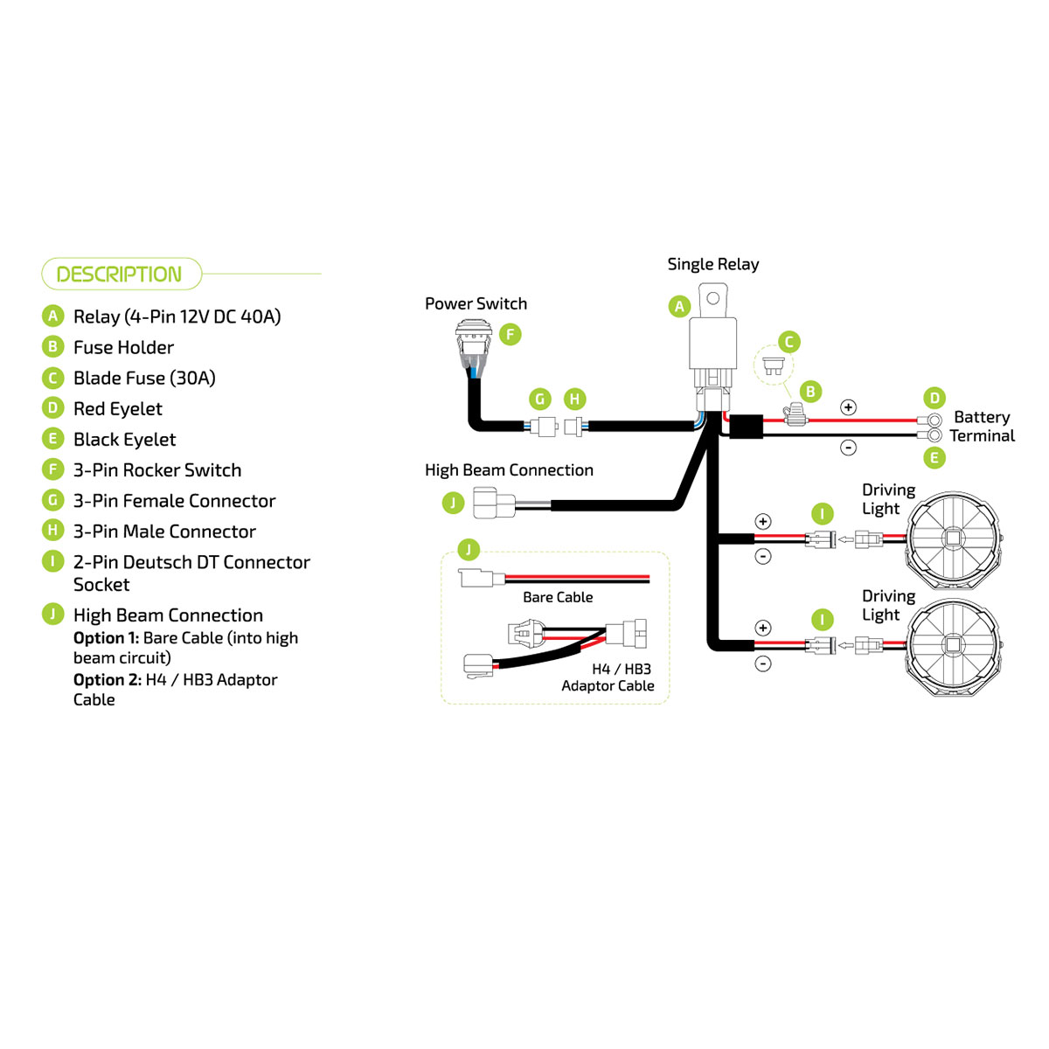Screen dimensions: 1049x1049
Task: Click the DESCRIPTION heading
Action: click(119, 274)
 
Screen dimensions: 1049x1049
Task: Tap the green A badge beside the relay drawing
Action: click(679, 306)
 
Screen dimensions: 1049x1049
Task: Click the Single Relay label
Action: click(712, 264)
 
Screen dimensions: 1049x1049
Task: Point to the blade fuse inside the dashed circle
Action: click(773, 365)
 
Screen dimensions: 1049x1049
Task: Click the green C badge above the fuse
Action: click(788, 342)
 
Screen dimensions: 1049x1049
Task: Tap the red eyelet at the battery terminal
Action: click(934, 420)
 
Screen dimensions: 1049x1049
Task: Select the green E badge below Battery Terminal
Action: click(934, 458)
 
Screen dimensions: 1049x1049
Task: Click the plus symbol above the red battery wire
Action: click(848, 407)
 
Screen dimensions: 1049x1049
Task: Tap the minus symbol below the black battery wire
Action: click(848, 448)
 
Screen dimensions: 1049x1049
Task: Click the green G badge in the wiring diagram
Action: click(540, 399)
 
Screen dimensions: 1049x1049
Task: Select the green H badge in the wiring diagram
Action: click(574, 399)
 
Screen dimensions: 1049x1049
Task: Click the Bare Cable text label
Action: click(558, 597)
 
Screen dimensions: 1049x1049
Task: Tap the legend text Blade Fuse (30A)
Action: click(144, 378)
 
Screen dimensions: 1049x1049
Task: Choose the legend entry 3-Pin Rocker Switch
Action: click(157, 469)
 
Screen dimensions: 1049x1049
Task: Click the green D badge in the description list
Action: click(53, 408)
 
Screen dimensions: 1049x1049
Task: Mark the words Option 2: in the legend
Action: click(107, 679)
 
